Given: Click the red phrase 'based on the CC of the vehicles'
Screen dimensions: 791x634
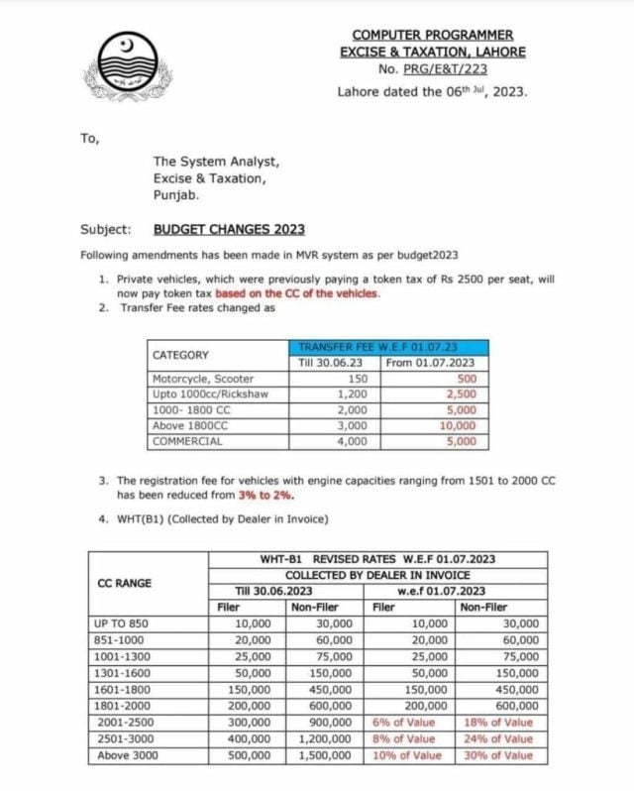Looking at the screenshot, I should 297,294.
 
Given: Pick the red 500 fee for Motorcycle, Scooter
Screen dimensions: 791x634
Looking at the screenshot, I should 464,379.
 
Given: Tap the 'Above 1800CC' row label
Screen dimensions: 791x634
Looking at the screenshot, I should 190,425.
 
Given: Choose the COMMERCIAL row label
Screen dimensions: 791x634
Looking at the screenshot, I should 188,441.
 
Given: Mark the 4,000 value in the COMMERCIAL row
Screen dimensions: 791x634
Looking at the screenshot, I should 352,441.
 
